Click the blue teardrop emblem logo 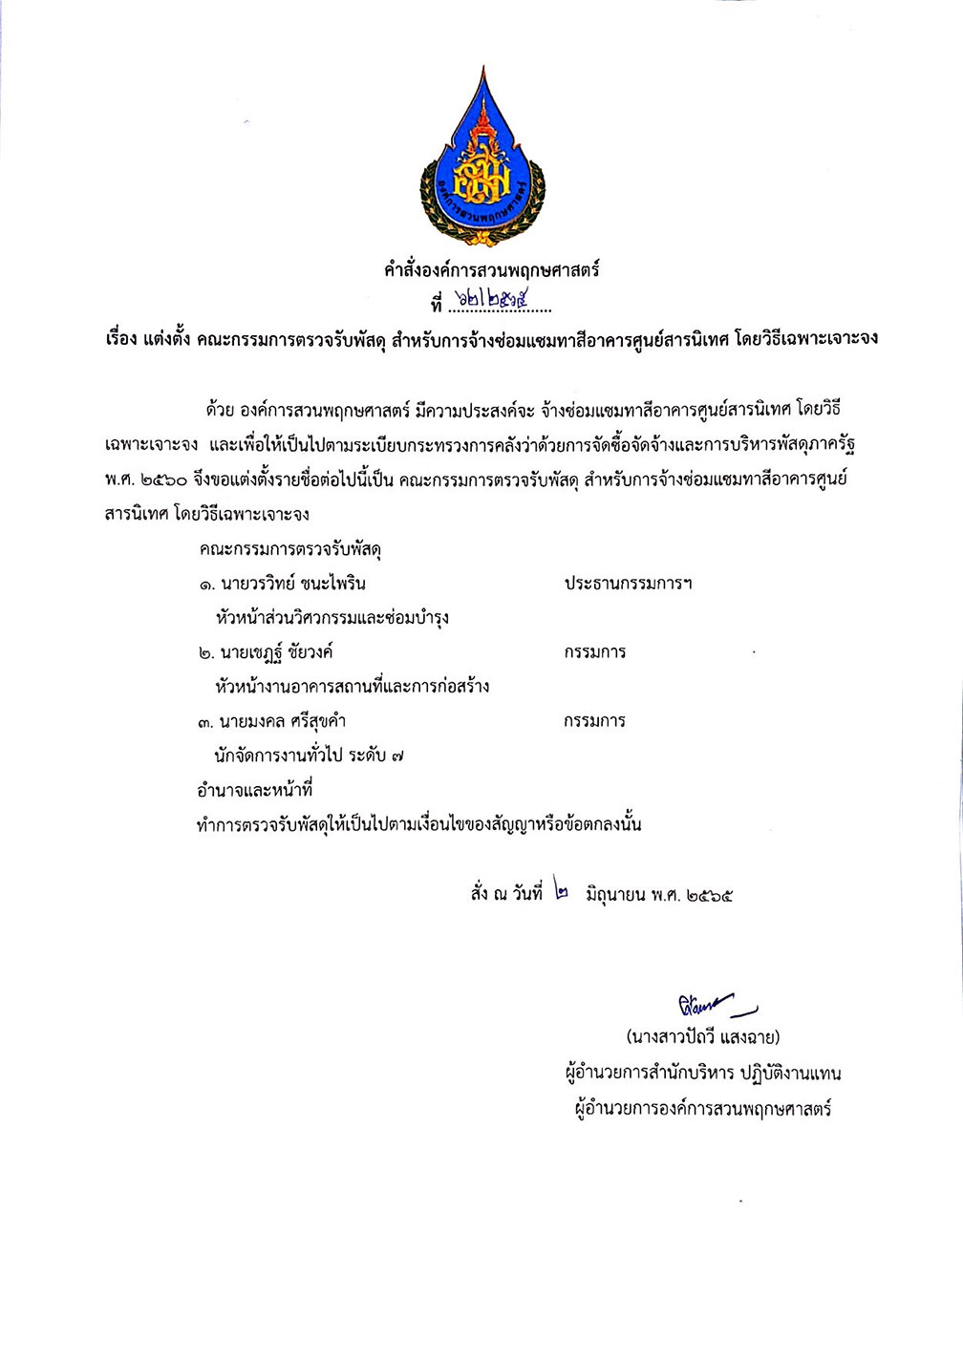(x=482, y=162)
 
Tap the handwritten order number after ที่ (x=496, y=304)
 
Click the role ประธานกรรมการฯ (x=628, y=584)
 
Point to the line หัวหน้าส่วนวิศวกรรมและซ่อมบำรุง (x=332, y=618)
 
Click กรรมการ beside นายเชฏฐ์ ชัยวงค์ (x=594, y=652)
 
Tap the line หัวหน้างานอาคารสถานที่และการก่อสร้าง (x=352, y=687)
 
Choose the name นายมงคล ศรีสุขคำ (x=282, y=721)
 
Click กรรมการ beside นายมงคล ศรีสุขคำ (x=594, y=721)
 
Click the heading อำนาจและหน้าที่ (x=254, y=790)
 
